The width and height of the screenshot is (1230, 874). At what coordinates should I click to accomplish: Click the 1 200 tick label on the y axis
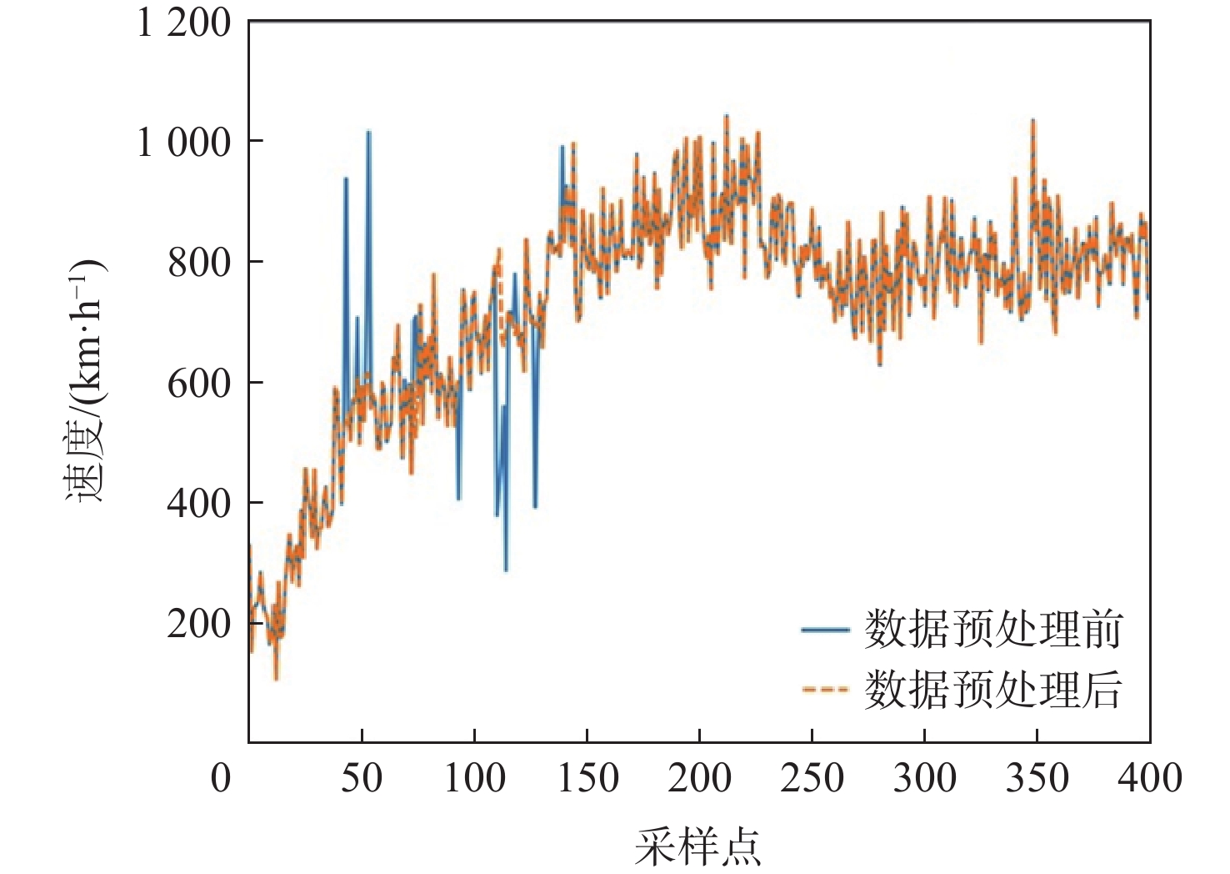click(x=183, y=23)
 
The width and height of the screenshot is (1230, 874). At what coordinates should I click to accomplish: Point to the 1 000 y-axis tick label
click(x=183, y=143)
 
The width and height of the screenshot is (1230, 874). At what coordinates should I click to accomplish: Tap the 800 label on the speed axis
click(x=199, y=264)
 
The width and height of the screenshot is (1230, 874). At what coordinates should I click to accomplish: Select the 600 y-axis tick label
click(x=199, y=384)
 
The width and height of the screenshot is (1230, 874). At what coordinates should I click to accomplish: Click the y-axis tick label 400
click(x=199, y=504)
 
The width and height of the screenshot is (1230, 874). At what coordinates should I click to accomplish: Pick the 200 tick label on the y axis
click(x=199, y=624)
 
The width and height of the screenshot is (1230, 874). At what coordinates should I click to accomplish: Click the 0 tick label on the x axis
click(x=221, y=778)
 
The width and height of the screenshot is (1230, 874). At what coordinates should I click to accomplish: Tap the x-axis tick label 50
click(x=362, y=778)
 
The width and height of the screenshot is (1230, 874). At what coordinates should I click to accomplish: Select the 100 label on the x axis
click(x=474, y=778)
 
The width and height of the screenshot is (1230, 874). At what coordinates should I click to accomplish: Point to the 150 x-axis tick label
click(x=587, y=778)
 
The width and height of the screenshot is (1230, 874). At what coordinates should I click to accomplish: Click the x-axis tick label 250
click(x=812, y=778)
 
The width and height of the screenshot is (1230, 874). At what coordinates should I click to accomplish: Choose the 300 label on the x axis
click(x=925, y=778)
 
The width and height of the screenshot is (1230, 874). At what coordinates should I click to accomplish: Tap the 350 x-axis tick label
click(x=1037, y=778)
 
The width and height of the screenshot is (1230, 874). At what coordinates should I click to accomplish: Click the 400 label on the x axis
click(x=1150, y=778)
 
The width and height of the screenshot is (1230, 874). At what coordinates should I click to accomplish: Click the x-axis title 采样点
click(x=698, y=847)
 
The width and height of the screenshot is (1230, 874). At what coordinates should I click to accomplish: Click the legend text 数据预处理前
click(x=993, y=630)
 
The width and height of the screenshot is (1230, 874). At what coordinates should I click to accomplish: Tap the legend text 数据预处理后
click(x=993, y=690)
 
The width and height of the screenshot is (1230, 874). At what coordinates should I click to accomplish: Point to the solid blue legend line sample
click(x=824, y=630)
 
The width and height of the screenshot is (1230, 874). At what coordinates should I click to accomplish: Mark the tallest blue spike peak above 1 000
click(x=368, y=132)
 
